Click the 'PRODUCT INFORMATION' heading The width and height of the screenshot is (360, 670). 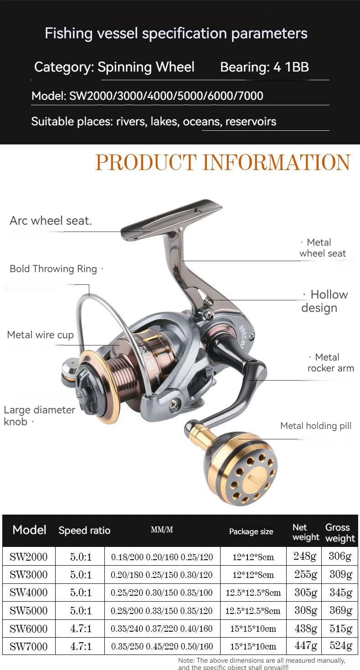coord(223,163)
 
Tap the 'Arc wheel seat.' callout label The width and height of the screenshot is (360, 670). coord(51,221)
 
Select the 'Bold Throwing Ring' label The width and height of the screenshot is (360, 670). coord(54,269)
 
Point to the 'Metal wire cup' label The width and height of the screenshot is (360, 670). coord(40,335)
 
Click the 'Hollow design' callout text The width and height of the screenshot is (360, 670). coord(324,301)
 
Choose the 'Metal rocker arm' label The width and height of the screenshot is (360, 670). coord(330,363)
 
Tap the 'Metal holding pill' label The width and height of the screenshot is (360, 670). coord(316,426)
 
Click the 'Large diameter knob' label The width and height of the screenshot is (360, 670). coord(39,415)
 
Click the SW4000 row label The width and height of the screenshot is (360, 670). coord(29,593)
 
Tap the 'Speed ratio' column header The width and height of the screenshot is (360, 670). coord(84,531)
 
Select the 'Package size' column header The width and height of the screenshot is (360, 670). coord(251,531)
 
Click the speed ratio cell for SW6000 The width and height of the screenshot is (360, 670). coord(81,629)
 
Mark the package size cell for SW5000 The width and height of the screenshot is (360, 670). coord(253,611)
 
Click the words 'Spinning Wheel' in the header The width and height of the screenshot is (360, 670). coord(146,67)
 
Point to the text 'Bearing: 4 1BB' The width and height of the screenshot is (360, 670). coord(264,67)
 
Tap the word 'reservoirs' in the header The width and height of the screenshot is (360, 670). coord(251,122)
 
